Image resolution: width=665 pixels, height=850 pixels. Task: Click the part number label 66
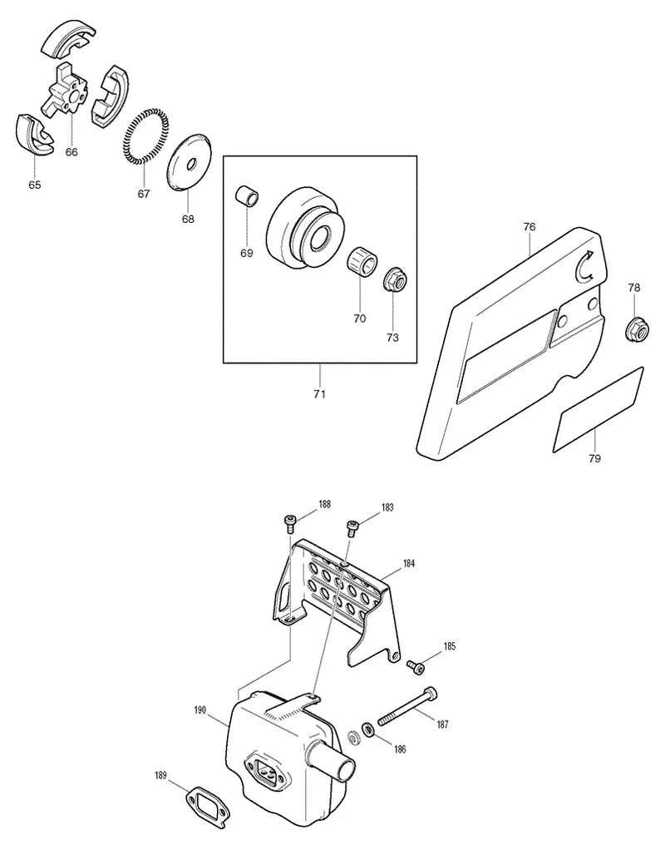tap(71, 151)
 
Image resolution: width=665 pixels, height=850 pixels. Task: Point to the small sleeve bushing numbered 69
tap(247, 196)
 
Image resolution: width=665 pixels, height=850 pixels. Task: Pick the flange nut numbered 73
tap(392, 279)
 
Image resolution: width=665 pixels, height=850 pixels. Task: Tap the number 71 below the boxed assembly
tap(320, 394)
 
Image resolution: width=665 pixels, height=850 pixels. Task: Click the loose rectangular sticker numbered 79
tap(598, 409)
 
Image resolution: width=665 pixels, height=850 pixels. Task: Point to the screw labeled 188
tap(290, 523)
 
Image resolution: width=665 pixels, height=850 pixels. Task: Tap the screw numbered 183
tap(352, 527)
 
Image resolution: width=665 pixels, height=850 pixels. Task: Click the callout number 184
tap(408, 564)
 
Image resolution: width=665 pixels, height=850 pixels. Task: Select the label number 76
tap(530, 227)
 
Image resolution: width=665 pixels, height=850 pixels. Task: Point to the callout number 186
tap(400, 749)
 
